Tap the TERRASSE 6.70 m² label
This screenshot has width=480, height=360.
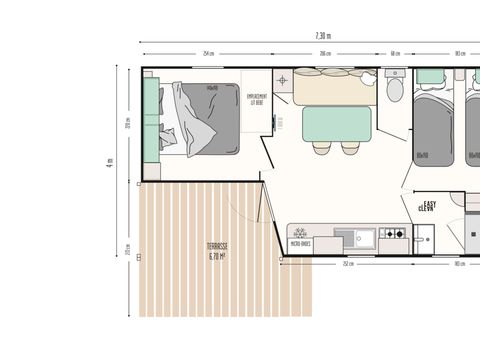pos(217,251)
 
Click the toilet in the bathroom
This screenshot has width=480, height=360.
pos(395,90)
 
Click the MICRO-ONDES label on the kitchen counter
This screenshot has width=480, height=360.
pos(301,243)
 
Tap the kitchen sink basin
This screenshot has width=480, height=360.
pos(356,237)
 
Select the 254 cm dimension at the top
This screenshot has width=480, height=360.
pos(207,54)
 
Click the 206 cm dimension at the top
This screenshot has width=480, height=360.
pos(325,54)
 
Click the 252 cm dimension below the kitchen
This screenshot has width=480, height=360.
pos(347,264)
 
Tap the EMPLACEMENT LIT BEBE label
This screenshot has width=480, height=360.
pos(257,99)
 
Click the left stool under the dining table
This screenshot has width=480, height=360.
pos(319,147)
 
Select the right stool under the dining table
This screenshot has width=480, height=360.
pos(350,147)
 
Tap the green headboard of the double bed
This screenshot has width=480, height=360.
pos(151,118)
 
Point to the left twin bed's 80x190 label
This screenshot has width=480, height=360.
pos(422,154)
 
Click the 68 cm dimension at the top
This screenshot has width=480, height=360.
pos(396,54)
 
